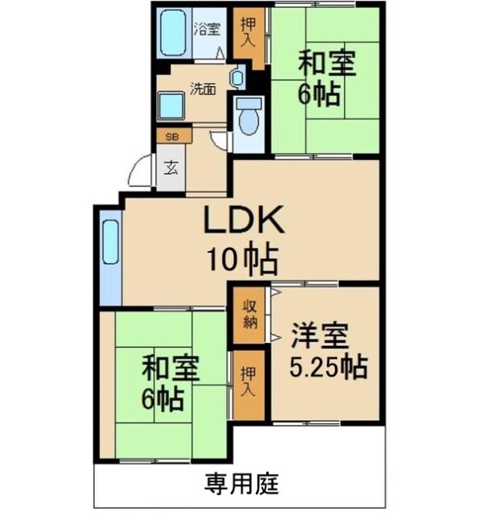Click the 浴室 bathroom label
(208, 31)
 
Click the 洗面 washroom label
(202, 89)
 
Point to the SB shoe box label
(172, 137)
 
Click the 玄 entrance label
(171, 168)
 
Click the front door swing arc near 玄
(140, 172)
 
